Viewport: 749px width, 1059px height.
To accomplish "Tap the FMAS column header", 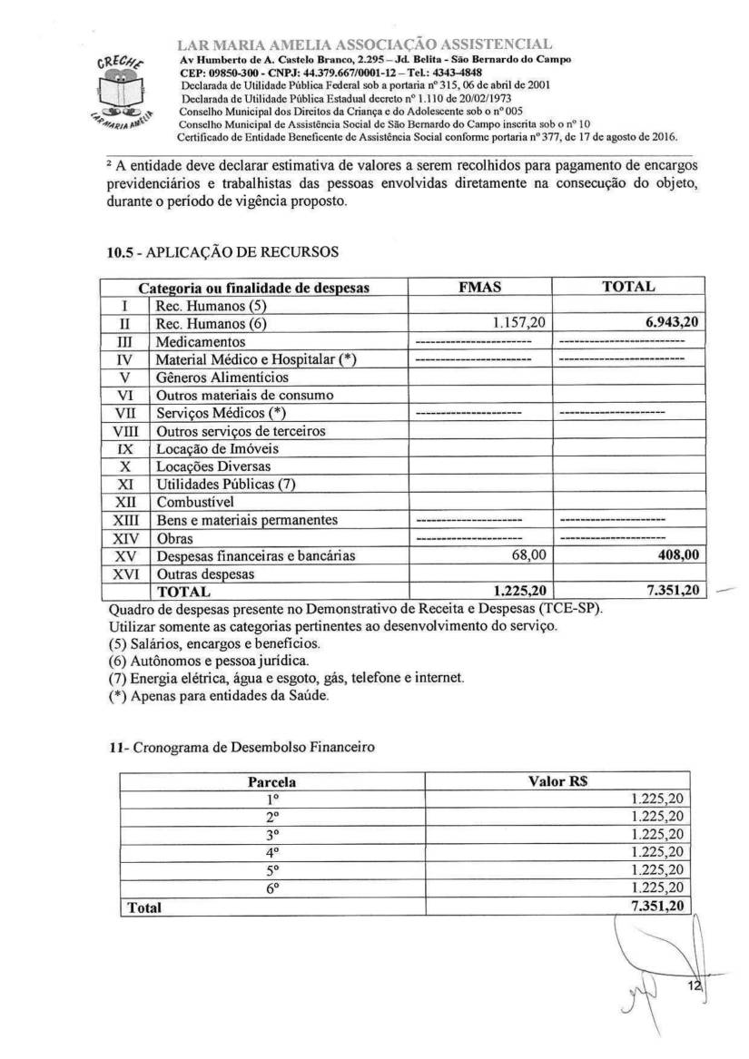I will click(481, 287).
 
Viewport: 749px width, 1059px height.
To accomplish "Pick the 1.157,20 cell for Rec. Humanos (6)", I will click(511, 323).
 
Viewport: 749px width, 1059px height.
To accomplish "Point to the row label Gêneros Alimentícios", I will click(222, 377).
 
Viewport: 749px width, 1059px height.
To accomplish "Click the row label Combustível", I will click(195, 502).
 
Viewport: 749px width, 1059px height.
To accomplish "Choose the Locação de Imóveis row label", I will click(217, 448).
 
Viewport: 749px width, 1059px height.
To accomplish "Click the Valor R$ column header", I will click(559, 780).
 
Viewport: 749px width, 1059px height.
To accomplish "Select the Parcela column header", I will click(271, 780).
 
